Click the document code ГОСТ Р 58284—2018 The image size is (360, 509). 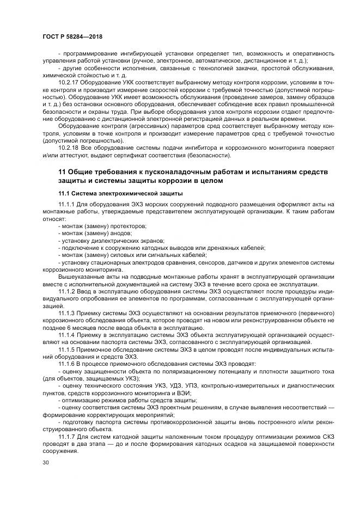[72, 36]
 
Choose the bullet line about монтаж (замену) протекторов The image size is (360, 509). [102, 226]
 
